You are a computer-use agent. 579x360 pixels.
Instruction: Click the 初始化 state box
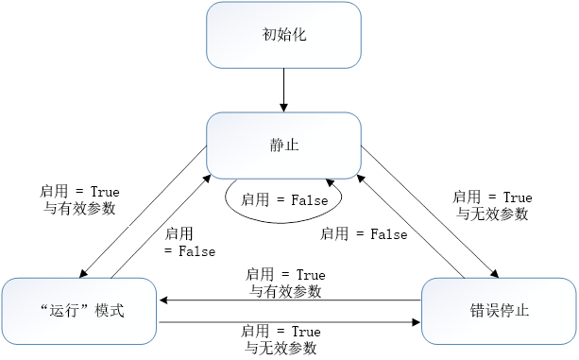(x=283, y=35)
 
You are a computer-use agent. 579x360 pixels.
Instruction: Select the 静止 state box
(x=283, y=146)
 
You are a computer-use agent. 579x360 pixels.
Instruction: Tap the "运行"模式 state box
(x=80, y=311)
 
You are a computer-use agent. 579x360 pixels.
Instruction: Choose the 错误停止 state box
(x=498, y=311)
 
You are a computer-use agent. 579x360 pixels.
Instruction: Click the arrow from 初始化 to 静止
(x=283, y=91)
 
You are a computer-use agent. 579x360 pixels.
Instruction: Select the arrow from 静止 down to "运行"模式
(x=142, y=214)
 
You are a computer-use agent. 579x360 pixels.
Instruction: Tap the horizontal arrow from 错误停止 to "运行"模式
(x=289, y=300)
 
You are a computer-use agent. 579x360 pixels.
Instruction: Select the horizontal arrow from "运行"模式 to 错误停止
(x=289, y=322)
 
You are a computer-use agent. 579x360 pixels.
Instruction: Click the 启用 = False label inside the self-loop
(x=284, y=200)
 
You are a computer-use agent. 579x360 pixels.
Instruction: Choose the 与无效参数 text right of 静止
(x=491, y=214)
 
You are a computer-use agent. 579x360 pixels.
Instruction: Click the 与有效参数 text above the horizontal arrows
(x=285, y=291)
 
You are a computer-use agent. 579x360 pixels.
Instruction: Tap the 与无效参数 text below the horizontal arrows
(x=281, y=349)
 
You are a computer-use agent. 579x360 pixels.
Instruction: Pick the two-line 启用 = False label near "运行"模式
(x=189, y=243)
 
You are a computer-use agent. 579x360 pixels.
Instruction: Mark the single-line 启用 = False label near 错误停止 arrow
(x=364, y=233)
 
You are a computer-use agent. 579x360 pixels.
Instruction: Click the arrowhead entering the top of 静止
(x=283, y=108)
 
